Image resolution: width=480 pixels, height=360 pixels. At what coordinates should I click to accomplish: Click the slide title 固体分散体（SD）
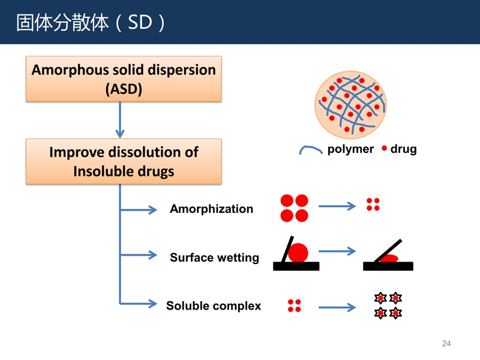(91, 22)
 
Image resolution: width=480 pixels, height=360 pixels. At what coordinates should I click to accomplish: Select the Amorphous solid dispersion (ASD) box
(124, 79)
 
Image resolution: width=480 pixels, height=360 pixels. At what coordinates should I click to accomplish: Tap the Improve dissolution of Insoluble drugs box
(124, 161)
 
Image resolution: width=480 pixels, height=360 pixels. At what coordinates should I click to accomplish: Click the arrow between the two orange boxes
(120, 119)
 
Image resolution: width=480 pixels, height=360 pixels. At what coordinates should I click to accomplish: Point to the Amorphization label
(212, 209)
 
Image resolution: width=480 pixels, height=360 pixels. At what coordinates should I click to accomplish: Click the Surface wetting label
(214, 257)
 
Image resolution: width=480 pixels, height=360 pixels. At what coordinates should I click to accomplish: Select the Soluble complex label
(214, 305)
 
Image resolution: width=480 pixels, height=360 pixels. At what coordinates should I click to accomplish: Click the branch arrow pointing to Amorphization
(139, 209)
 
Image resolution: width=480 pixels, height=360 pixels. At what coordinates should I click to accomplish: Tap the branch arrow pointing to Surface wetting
(139, 254)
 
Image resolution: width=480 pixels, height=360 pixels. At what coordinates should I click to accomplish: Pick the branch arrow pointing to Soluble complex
(139, 304)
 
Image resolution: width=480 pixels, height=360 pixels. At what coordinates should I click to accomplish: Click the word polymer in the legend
(350, 149)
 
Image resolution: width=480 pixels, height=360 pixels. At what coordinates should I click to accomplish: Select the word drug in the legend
(403, 149)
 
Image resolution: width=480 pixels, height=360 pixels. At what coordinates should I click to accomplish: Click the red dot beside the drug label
(385, 148)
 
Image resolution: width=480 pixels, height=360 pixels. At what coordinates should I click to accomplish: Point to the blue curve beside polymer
(311, 148)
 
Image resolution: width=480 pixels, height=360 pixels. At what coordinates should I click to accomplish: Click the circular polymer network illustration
(350, 105)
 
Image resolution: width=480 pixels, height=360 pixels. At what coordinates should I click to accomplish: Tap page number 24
(446, 343)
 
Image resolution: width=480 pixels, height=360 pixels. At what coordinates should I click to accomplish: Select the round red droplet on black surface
(298, 253)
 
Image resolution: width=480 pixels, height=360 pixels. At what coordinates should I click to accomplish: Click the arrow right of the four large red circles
(337, 206)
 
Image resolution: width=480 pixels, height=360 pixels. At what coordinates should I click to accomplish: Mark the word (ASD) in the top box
(124, 89)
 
